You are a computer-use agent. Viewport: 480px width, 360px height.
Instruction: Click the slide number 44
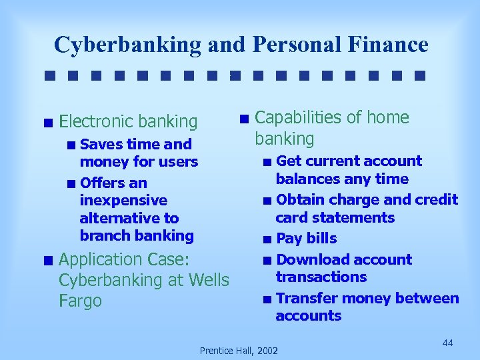pyautogui.click(x=447, y=343)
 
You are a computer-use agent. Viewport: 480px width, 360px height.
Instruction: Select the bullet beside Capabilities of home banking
pyautogui.click(x=245, y=119)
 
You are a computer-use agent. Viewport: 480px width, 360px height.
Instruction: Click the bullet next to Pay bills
pyautogui.click(x=267, y=239)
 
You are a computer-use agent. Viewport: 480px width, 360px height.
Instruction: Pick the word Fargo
pyautogui.click(x=80, y=301)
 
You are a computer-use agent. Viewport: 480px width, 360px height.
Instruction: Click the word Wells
pyautogui.click(x=207, y=281)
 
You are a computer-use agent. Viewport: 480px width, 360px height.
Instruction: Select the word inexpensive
pyautogui.click(x=123, y=200)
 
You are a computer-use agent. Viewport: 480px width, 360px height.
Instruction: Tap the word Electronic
pyautogui.click(x=96, y=121)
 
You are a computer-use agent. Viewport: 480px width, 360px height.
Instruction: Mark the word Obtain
pyautogui.click(x=298, y=199)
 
